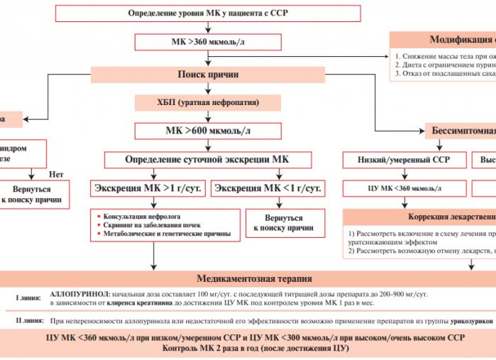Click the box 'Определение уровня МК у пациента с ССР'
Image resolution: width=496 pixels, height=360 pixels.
208,13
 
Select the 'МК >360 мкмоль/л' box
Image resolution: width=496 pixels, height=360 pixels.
208,42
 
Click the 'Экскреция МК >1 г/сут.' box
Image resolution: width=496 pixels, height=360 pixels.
147,188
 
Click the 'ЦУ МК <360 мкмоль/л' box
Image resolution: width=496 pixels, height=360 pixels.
402,188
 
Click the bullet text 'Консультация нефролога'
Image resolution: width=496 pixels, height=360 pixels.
142,214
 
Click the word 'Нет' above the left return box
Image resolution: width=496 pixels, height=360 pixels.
56,173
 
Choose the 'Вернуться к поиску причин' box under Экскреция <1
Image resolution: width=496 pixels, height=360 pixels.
283,223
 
